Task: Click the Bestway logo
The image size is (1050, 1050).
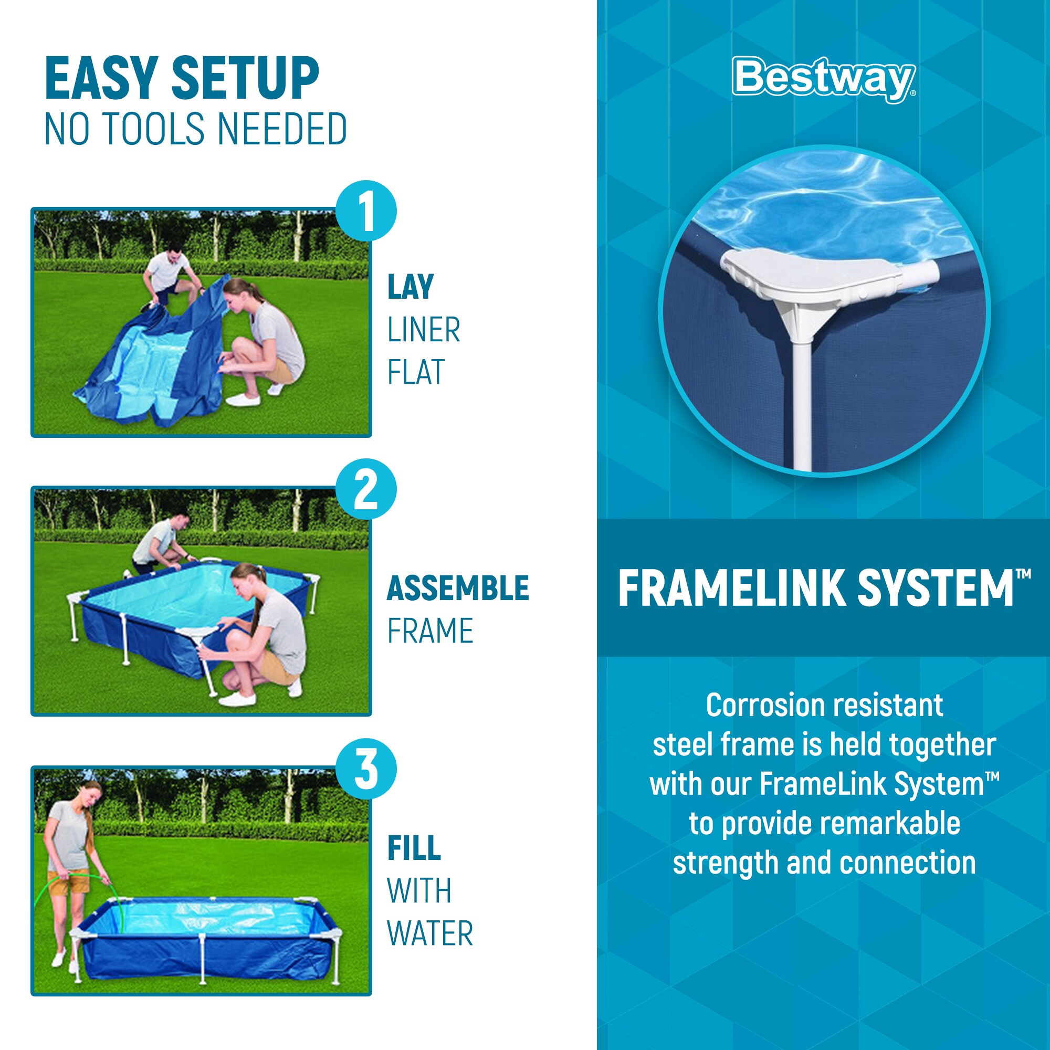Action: [x=823, y=79]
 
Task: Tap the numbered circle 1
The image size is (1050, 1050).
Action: [x=366, y=211]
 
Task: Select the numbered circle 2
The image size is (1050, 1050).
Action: [x=366, y=490]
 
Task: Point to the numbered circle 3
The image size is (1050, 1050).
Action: [x=366, y=769]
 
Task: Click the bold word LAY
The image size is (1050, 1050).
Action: [x=411, y=287]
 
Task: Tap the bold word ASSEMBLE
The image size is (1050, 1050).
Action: [x=458, y=588]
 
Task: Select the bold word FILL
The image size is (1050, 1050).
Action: [x=414, y=848]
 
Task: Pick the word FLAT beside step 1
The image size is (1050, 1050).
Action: [x=416, y=372]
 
